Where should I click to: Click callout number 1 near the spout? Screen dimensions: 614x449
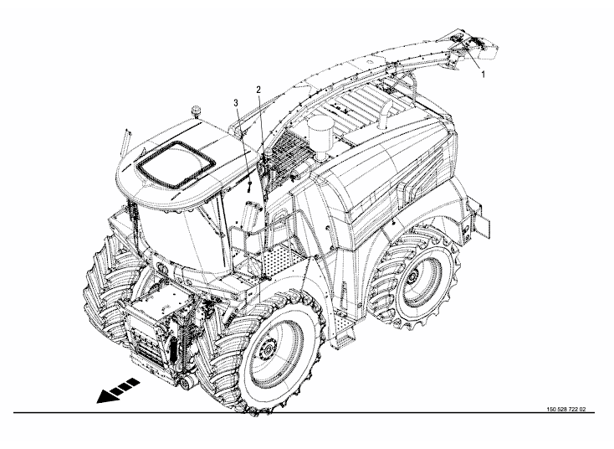tap(483, 74)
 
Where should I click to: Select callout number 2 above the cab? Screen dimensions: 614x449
tap(258, 90)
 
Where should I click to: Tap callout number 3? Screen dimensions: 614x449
tap(236, 103)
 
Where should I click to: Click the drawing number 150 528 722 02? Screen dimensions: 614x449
tap(566, 410)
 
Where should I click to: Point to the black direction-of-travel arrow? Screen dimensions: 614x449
tap(118, 390)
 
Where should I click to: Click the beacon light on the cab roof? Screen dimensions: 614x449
tap(196, 111)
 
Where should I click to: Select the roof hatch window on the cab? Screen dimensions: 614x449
tap(175, 165)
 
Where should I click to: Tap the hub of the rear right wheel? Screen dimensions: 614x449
tap(412, 277)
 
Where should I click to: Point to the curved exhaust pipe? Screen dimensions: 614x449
tap(384, 115)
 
